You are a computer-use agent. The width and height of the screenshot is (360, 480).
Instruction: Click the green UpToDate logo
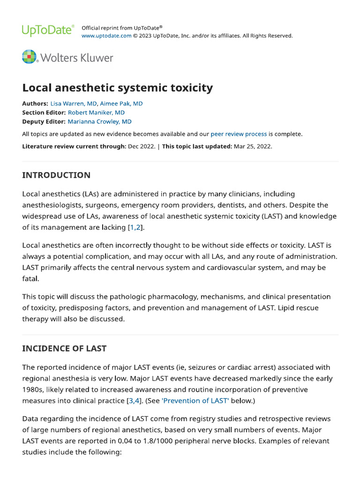point(47,30)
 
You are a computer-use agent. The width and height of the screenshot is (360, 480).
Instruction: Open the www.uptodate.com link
point(106,36)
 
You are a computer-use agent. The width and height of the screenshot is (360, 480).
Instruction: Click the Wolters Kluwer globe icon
point(29,57)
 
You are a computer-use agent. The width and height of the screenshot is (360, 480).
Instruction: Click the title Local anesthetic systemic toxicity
point(117,88)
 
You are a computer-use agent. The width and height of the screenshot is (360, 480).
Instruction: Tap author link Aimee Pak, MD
point(121,104)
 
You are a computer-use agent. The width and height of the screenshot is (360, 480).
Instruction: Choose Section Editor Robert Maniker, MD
point(96,112)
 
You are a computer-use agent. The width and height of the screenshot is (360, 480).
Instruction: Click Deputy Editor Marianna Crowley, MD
point(99,121)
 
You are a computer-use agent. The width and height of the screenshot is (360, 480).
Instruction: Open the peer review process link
point(239,134)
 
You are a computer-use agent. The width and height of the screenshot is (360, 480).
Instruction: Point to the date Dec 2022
point(142,146)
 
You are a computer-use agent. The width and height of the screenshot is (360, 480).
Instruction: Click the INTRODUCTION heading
point(56,175)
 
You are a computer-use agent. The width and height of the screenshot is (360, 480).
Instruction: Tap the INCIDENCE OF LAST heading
point(64,348)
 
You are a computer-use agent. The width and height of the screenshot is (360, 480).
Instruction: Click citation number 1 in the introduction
point(132,227)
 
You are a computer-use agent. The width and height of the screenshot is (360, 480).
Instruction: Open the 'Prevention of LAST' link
point(194,401)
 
